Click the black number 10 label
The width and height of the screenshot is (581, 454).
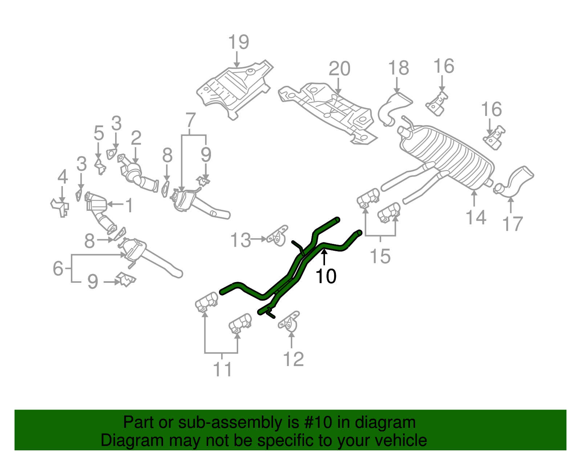pos(326,277)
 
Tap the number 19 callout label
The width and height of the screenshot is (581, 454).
pos(239,43)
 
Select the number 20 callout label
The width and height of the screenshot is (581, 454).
pos(339,69)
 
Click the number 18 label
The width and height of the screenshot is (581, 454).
pos(398,68)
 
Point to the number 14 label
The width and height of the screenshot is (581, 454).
pos(476,217)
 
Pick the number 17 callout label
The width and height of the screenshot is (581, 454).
pos(512,224)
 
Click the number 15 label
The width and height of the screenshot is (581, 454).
pos(380,256)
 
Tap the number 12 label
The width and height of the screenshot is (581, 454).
pos(293,359)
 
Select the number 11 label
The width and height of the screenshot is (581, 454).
pos(222,370)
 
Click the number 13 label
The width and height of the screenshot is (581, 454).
pos(240,240)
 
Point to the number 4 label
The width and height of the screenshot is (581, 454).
pos(63,177)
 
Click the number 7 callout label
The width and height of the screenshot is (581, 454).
pos(190,120)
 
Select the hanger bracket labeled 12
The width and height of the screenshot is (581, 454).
pos(289,322)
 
